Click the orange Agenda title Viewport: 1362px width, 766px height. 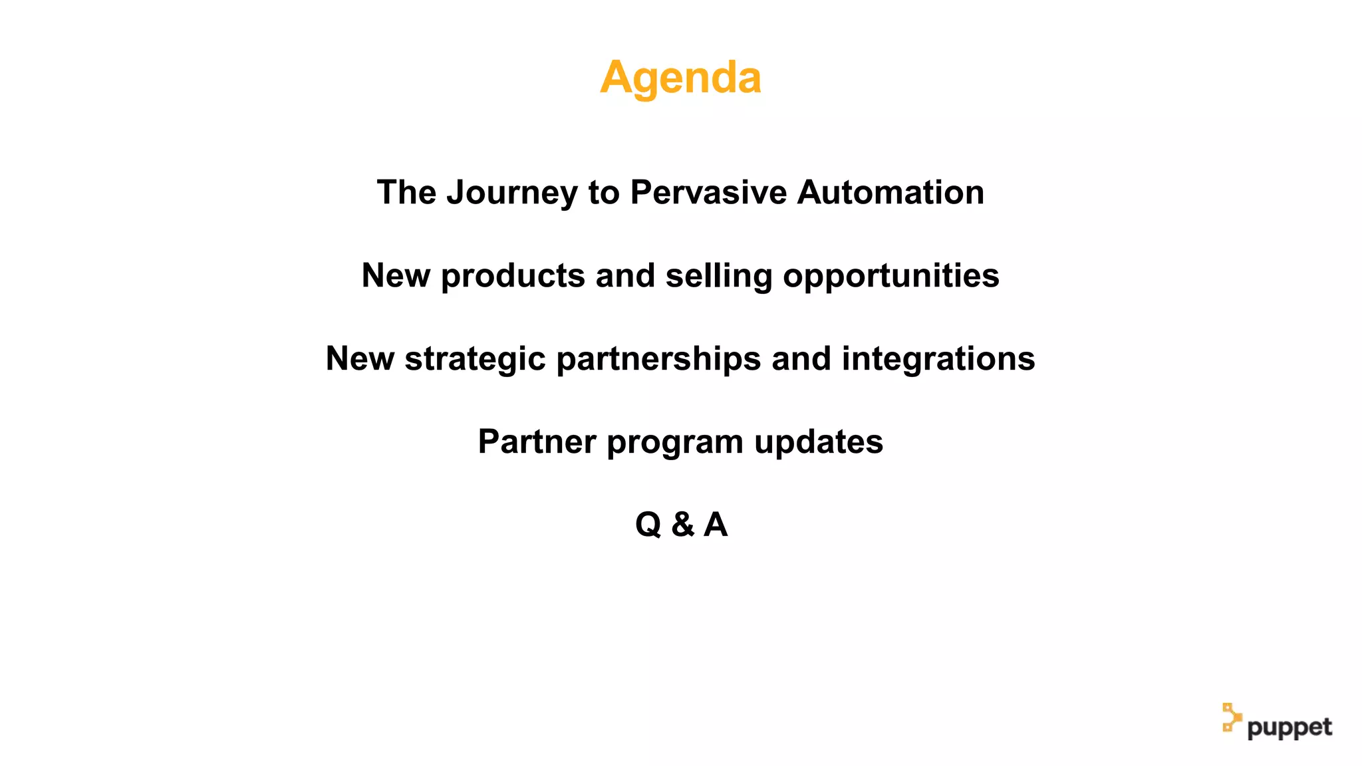pyautogui.click(x=680, y=78)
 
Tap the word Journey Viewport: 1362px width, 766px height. pyautogui.click(x=512, y=193)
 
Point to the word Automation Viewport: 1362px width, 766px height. pyautogui.click(x=890, y=193)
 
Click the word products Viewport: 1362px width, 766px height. pyautogui.click(x=513, y=277)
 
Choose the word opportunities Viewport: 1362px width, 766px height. pyautogui.click(x=891, y=277)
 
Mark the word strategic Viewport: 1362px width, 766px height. pyautogui.click(x=476, y=360)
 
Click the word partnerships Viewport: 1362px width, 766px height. pyautogui.click(x=658, y=360)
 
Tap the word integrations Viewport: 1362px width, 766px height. pyautogui.click(x=938, y=360)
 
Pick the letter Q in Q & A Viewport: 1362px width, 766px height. pyautogui.click(x=648, y=525)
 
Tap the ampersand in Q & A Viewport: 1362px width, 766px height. pyautogui.click(x=682, y=525)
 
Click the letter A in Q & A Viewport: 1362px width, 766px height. pyautogui.click(x=716, y=525)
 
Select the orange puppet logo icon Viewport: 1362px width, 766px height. pyautogui.click(x=1231, y=717)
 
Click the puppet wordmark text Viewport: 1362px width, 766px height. pyautogui.click(x=1290, y=727)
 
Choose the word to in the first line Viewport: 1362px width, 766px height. pyautogui.click(x=604, y=193)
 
